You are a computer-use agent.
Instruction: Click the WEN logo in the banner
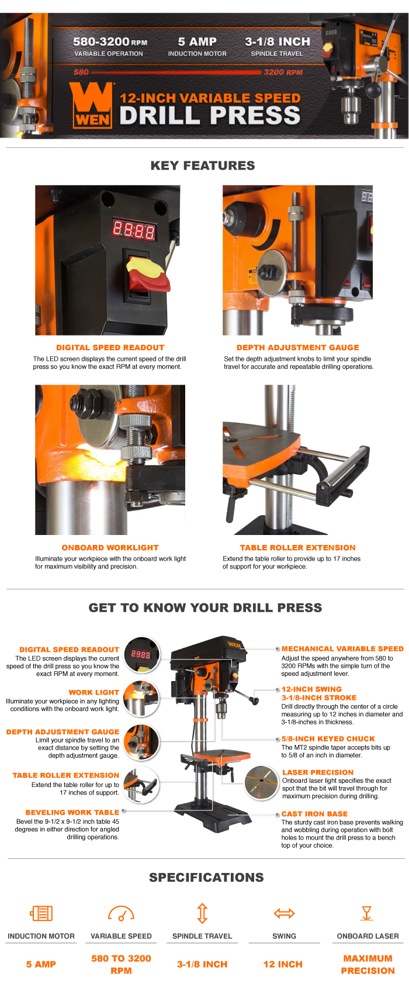pos(91,105)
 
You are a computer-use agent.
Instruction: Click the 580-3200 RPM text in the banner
pos(109,42)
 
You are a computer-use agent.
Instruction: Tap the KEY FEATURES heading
pos(203,165)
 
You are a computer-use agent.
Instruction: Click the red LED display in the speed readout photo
pos(134,230)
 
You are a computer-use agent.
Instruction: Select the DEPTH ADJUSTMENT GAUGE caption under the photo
pos(297,347)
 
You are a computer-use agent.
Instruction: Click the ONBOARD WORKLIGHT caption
pos(110,548)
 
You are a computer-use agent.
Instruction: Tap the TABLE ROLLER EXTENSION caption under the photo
pos(297,548)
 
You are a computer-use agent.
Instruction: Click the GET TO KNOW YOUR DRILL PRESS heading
pos(205,608)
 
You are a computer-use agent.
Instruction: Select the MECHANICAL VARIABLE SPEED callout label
pos(342,648)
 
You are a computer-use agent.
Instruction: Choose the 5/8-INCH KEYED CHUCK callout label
pos(328,738)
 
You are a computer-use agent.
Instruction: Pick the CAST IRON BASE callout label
pos(314,813)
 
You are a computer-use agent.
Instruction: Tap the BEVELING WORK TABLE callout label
pos(72,812)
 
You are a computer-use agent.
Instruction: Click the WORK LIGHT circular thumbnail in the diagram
pos(141,698)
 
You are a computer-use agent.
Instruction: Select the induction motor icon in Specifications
pos(41,913)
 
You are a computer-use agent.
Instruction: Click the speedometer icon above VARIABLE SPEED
pos(121,913)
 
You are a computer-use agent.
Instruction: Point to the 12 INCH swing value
pos(283,964)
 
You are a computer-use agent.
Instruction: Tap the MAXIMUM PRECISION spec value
pos(368,964)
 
